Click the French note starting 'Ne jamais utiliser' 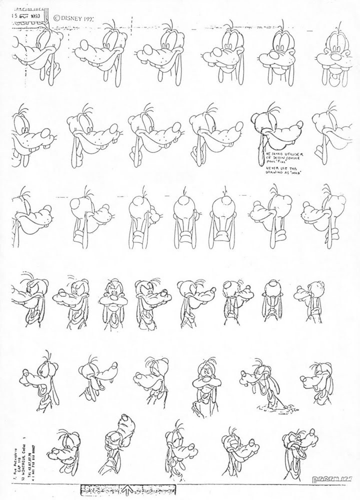[x=279, y=155]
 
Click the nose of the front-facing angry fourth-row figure [x=112, y=298]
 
